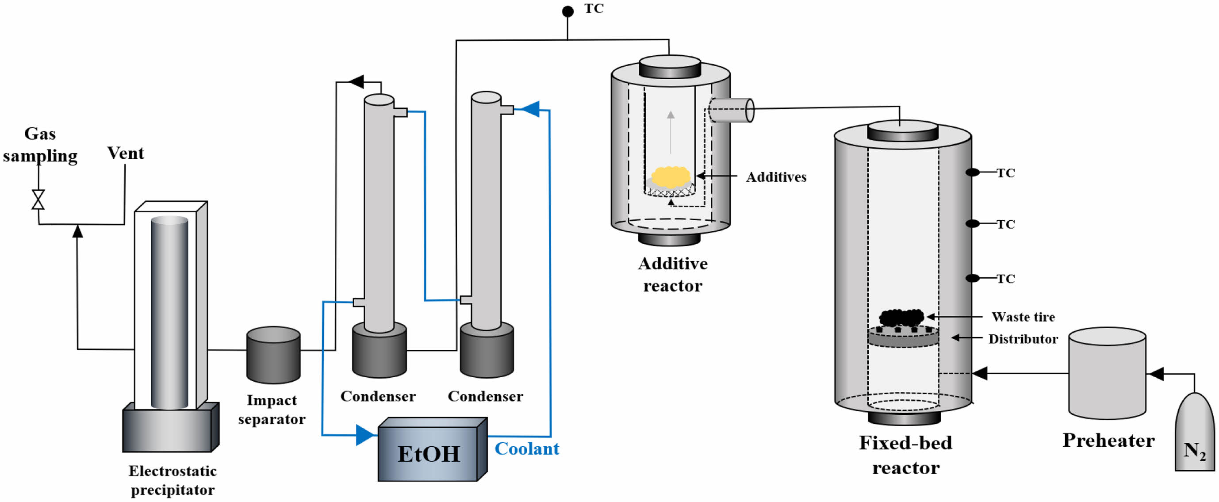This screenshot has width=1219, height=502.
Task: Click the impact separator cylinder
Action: (x=273, y=355)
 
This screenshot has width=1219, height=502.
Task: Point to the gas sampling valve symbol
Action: (x=38, y=199)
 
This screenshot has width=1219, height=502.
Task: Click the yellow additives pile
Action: (x=671, y=176)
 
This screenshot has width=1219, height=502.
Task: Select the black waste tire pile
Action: (x=901, y=317)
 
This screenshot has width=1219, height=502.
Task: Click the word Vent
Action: (x=126, y=153)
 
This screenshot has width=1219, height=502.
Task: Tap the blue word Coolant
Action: (x=527, y=448)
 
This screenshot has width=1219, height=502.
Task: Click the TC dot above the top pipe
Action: (x=567, y=11)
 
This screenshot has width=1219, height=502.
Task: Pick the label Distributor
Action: (x=1023, y=339)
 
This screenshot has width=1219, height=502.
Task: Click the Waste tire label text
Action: (x=1023, y=317)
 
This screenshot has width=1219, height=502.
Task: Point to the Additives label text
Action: (x=776, y=177)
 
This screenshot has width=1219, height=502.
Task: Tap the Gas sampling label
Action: (x=40, y=144)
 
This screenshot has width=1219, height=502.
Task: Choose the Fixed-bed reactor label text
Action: (x=905, y=455)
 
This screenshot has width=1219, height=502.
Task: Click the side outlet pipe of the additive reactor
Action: (x=731, y=110)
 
